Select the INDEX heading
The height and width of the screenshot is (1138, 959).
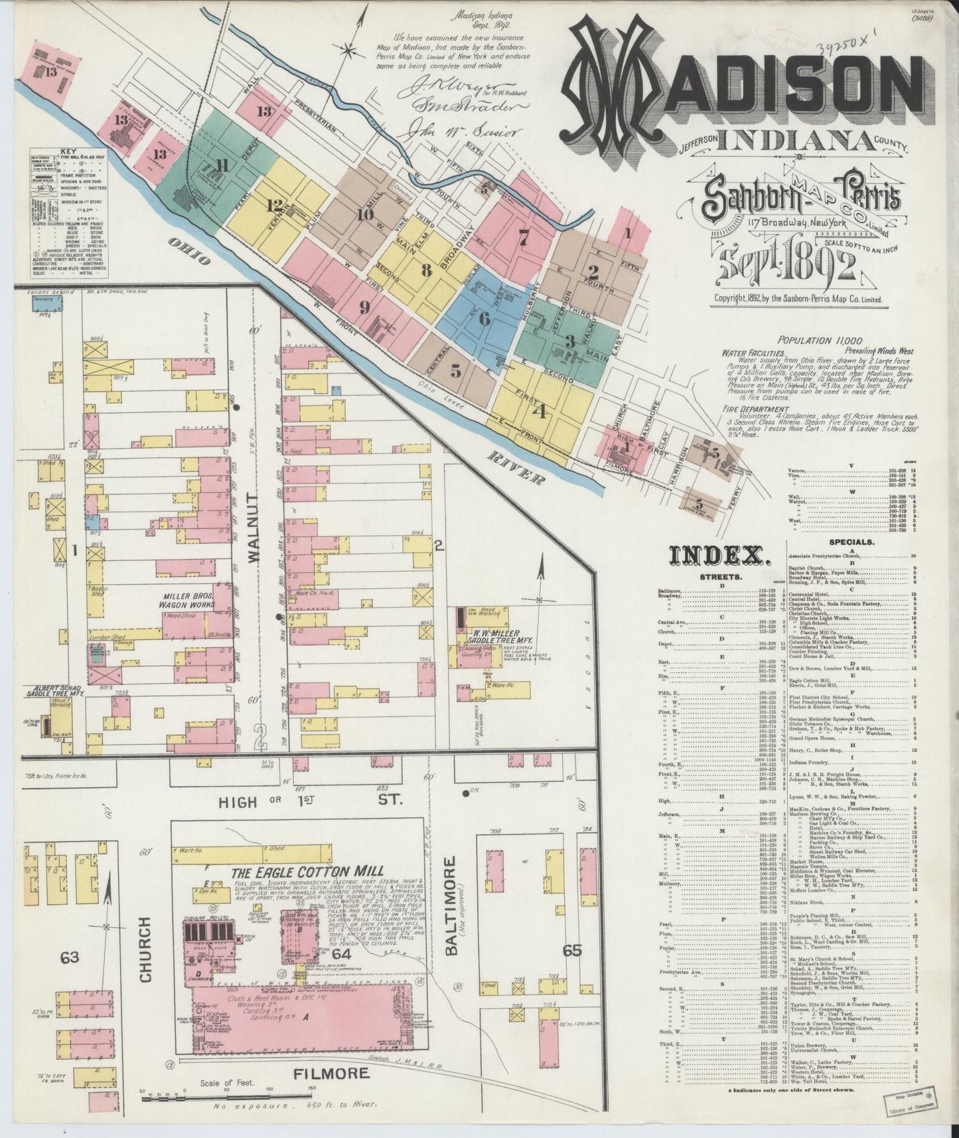click(x=719, y=556)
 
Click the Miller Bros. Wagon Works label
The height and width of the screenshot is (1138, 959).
click(x=186, y=600)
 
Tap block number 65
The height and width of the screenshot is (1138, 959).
click(x=572, y=951)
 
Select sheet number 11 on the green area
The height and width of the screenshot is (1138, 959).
click(x=221, y=167)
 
